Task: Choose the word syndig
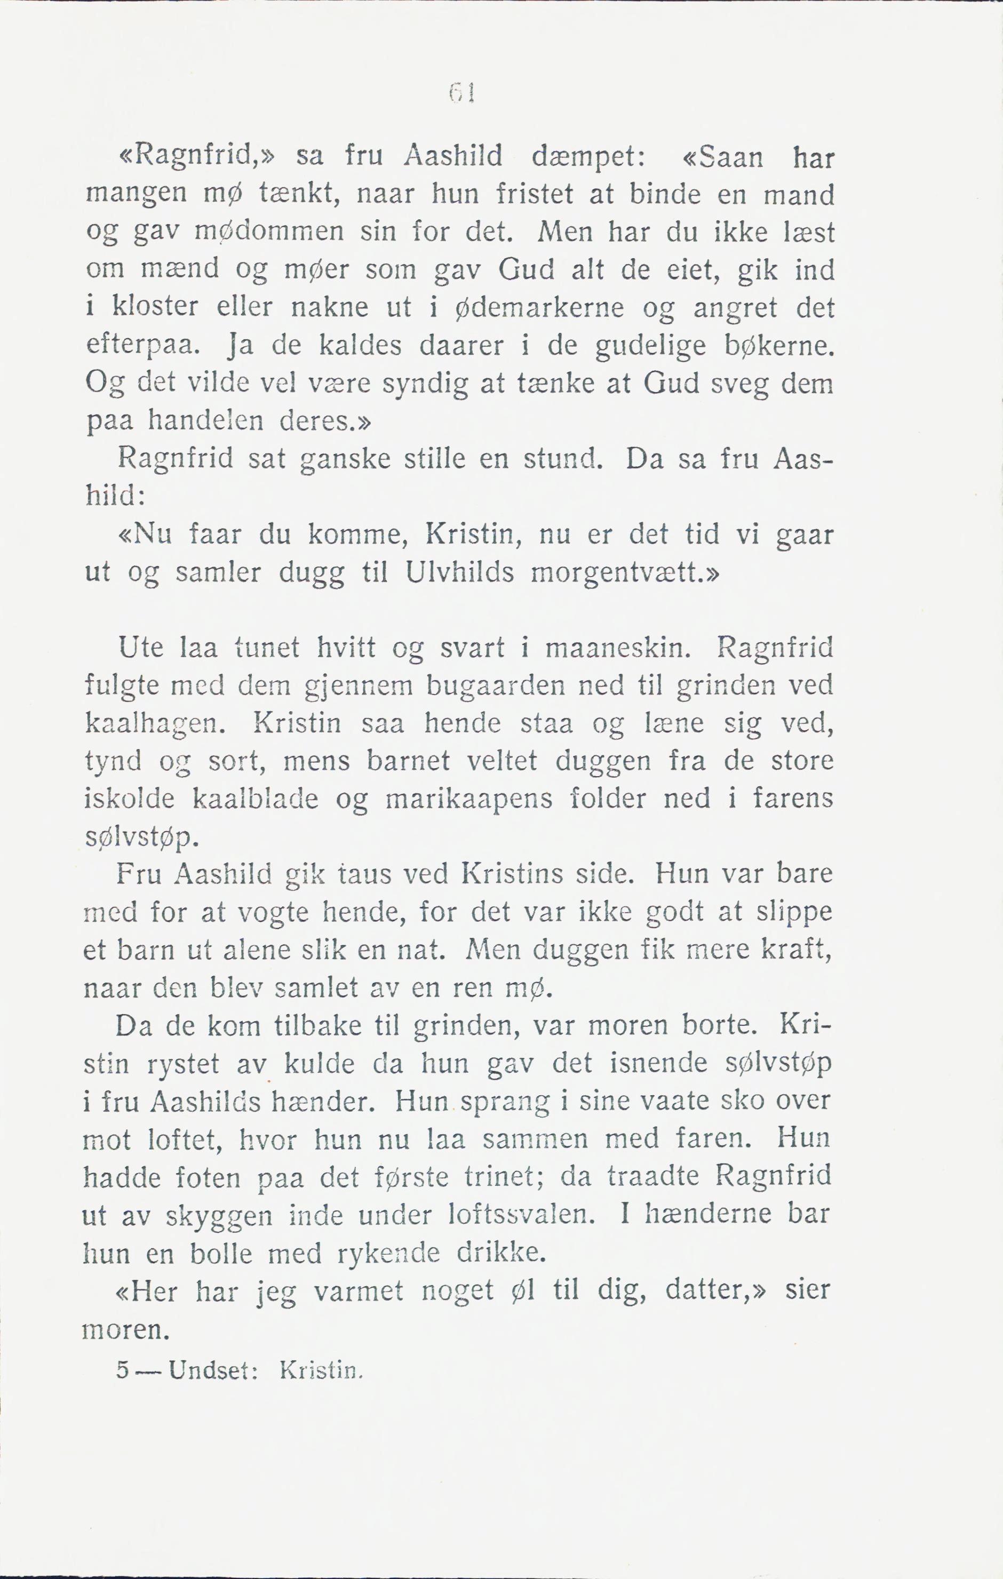click(x=425, y=384)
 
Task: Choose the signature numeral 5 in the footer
click(x=122, y=1370)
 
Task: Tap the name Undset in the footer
click(x=209, y=1370)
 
